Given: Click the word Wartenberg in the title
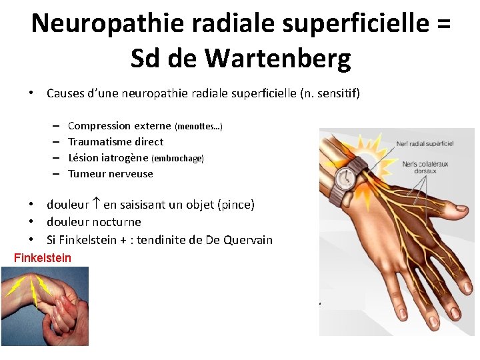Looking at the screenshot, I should (278, 59).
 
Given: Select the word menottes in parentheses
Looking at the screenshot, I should (198, 127).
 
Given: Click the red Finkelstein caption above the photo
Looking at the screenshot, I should (42, 257).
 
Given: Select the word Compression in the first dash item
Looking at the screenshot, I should (99, 125).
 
